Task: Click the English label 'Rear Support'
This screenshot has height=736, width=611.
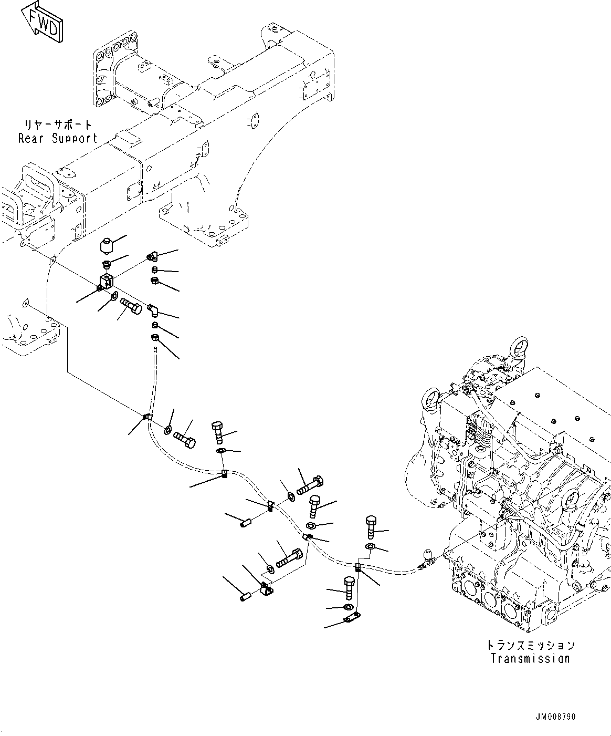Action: pyautogui.click(x=58, y=139)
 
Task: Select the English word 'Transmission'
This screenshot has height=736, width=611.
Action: pyautogui.click(x=530, y=658)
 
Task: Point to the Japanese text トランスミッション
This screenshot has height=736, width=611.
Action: pyautogui.click(x=530, y=645)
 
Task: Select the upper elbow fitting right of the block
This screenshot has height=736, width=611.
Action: pyautogui.click(x=152, y=257)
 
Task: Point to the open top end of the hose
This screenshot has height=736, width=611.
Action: pyautogui.click(x=155, y=349)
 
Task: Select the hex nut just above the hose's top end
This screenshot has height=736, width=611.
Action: pyautogui.click(x=155, y=338)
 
